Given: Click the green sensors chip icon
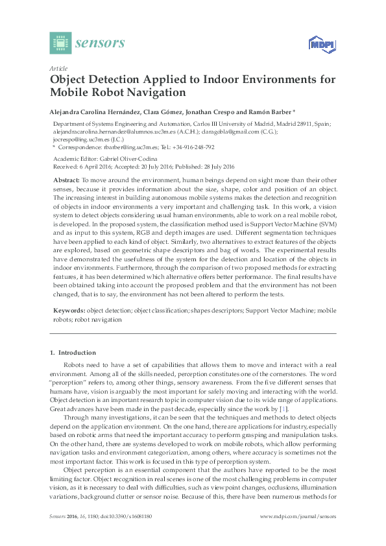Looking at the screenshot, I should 60,43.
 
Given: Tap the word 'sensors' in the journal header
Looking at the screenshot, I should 100,43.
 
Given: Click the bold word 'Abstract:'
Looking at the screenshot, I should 66,178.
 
